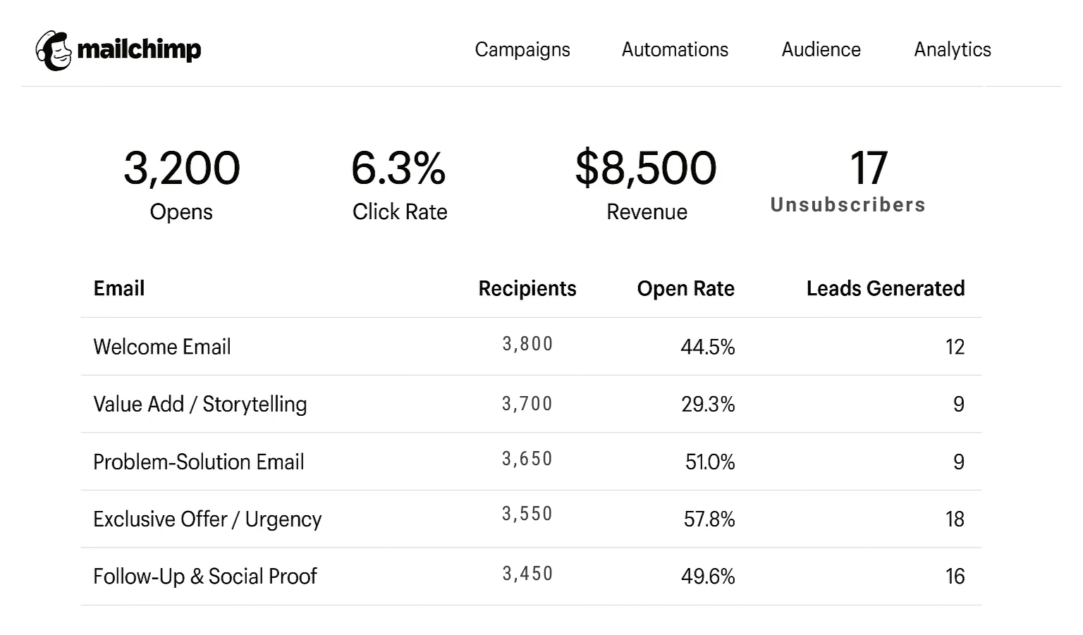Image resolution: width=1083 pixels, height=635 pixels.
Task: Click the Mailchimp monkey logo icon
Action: coord(54,51)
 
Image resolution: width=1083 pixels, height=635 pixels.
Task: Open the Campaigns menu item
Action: coord(522,49)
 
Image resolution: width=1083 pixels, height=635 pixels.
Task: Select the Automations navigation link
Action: coord(675,49)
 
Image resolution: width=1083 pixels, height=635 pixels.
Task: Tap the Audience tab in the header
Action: coord(821,49)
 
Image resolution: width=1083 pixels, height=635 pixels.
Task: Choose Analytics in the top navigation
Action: coord(953,49)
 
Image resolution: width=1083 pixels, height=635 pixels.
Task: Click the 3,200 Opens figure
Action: coord(182,168)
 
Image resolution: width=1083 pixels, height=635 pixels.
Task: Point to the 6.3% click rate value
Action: coord(398,168)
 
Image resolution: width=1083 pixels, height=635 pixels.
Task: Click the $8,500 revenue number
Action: coord(646,168)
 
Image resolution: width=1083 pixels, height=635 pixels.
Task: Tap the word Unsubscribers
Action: coord(848,205)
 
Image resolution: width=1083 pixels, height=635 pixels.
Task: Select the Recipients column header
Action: coord(527,288)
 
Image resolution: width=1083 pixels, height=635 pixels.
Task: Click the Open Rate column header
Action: coord(685,288)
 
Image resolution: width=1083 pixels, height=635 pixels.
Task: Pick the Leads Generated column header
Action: coord(886,288)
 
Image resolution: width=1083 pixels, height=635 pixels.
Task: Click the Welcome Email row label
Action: coord(162,347)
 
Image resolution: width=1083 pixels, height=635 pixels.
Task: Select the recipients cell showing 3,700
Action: coord(527,404)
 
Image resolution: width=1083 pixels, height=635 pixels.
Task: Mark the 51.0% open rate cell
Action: coord(710,462)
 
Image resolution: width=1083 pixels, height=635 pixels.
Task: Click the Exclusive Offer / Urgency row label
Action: coord(207,519)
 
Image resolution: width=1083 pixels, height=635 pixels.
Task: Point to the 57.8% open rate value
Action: coord(709,519)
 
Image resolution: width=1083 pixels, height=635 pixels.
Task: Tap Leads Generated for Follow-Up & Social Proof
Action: coord(955,577)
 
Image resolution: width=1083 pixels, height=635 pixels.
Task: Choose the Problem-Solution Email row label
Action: coord(199,462)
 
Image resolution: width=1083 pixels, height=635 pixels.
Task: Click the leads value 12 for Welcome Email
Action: coord(955,347)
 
